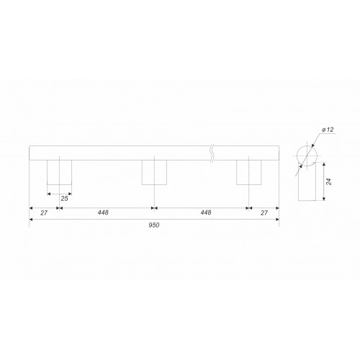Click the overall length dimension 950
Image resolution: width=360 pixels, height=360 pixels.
(x=154, y=225)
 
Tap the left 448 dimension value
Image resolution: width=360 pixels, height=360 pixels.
(x=103, y=212)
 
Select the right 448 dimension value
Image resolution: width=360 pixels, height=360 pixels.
(x=206, y=212)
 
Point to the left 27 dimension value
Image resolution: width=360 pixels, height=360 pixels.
(x=44, y=213)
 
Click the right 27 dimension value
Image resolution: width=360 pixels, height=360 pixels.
(x=264, y=213)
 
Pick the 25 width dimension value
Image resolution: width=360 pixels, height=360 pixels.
(x=64, y=199)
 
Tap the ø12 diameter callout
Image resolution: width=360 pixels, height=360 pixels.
(x=328, y=130)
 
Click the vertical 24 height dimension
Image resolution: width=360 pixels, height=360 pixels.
(x=329, y=181)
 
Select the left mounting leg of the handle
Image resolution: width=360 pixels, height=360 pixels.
(x=59, y=172)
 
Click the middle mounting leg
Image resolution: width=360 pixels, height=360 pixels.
(x=154, y=172)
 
